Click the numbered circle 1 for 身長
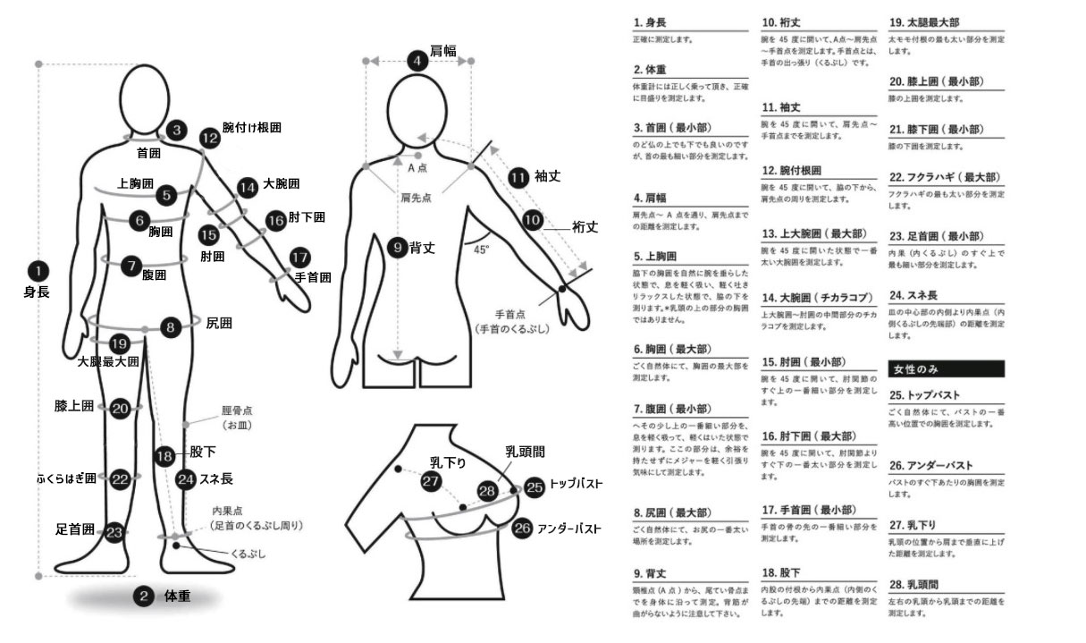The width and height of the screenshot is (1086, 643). point(38,268)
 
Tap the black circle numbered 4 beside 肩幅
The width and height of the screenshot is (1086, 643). point(417,61)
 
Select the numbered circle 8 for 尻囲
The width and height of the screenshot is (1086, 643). point(171,326)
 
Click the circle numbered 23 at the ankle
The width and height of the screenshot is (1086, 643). point(114,531)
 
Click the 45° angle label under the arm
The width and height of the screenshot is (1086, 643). point(482,250)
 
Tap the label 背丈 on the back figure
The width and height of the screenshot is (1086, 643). point(422,248)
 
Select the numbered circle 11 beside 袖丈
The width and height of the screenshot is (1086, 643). point(518,177)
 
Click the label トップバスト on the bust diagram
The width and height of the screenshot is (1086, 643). point(576,487)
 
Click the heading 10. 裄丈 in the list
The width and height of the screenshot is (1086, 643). point(780,21)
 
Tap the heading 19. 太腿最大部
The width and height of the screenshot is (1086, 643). point(929,21)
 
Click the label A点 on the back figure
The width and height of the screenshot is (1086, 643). point(417,167)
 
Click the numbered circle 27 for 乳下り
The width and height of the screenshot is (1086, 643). point(432,481)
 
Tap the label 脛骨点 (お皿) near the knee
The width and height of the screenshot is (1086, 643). point(237,418)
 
